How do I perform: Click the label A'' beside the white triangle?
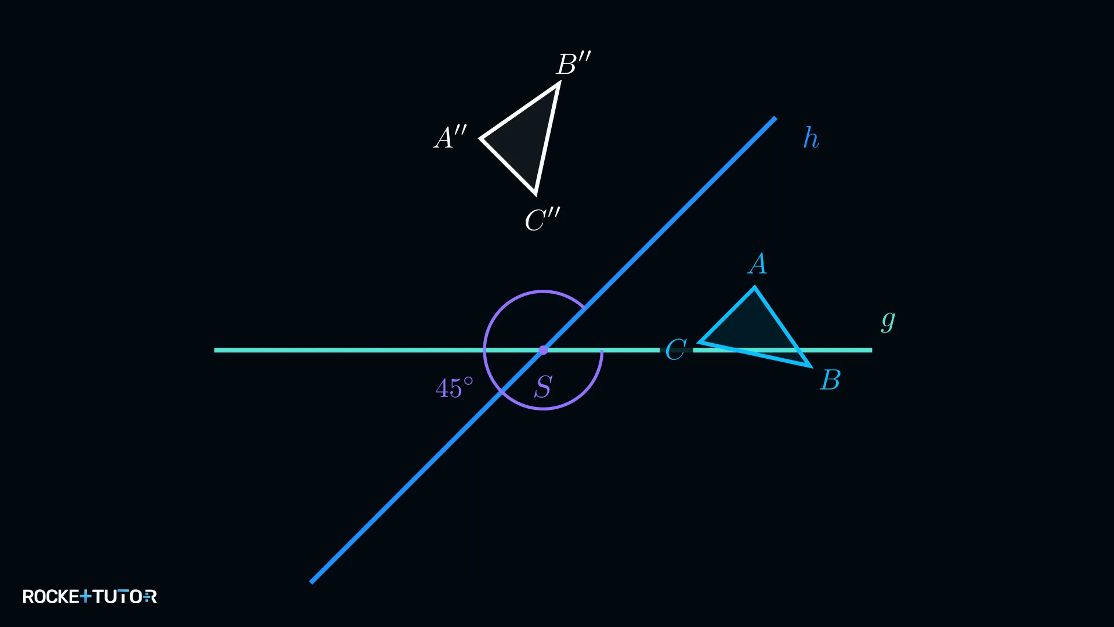click(450, 138)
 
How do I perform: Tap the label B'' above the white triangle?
click(574, 63)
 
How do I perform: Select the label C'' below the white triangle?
click(542, 220)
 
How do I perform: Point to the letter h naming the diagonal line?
click(811, 138)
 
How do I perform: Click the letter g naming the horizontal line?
click(888, 320)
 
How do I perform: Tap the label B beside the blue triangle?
click(830, 380)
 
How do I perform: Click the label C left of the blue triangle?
click(676, 349)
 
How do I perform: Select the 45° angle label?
click(454, 388)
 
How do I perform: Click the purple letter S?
click(544, 387)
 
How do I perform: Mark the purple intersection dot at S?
click(543, 350)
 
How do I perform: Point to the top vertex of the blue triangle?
click(754, 287)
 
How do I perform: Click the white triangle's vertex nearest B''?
click(559, 84)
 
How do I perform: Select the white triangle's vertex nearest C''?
click(535, 193)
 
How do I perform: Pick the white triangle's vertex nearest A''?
click(481, 138)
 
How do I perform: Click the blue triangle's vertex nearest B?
click(810, 366)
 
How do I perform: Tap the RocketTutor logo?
click(89, 596)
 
